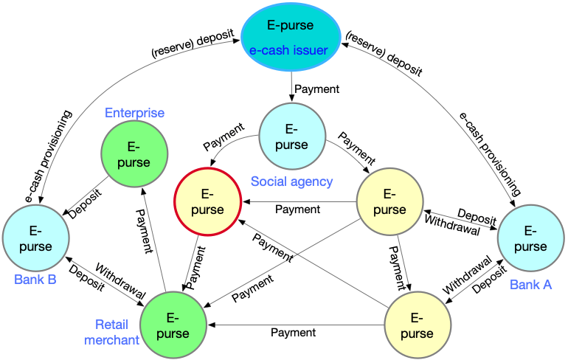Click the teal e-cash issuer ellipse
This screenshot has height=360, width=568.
coord(291,37)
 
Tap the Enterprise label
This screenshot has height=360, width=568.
coord(134,113)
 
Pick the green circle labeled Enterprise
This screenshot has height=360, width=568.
coord(134,153)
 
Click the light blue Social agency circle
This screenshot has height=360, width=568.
coord(292,136)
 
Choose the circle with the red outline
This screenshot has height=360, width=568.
coord(207,201)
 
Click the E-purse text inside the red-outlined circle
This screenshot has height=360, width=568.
coord(207,202)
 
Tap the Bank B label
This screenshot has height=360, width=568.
coord(35,280)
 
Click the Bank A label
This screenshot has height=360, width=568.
coord(530,285)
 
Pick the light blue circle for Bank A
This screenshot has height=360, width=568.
coord(530,238)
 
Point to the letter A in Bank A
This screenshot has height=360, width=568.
coord(547,285)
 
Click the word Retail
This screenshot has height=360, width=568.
coord(112,325)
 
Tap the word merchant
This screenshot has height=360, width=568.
coord(111,340)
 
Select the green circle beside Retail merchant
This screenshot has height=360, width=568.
coord(173,325)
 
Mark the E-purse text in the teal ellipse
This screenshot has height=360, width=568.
coord(291,25)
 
